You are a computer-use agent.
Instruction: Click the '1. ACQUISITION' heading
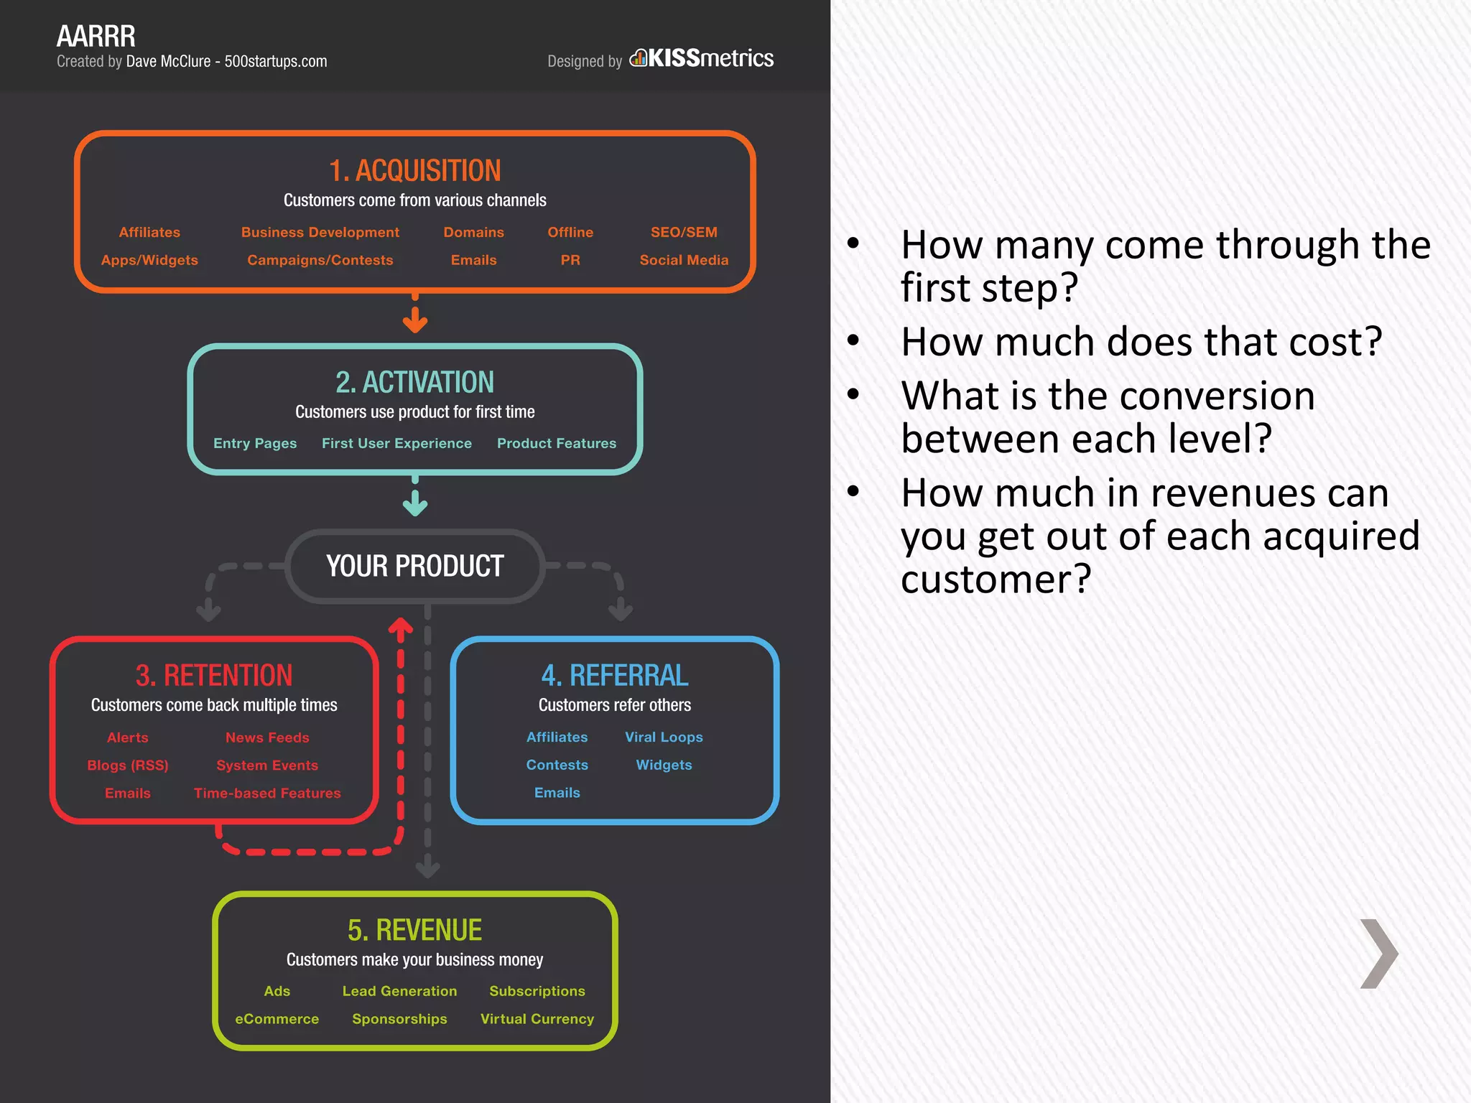click(414, 171)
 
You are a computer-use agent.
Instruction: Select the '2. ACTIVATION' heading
click(414, 382)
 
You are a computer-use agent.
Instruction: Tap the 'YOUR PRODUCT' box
click(414, 566)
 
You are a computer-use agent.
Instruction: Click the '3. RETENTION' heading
click(214, 675)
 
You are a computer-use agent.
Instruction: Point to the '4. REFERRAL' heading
click(615, 675)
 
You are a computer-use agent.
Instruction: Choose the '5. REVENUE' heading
click(414, 930)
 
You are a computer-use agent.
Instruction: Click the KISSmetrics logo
click(702, 58)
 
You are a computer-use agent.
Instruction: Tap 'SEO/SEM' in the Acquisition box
click(684, 232)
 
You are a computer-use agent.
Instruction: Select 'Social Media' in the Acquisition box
click(684, 260)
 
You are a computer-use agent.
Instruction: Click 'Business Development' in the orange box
click(320, 232)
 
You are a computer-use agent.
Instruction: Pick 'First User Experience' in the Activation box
click(396, 443)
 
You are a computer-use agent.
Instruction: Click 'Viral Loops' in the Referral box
click(664, 737)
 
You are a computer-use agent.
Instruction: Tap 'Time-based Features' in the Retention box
click(267, 793)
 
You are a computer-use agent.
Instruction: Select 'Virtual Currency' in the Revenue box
click(537, 1019)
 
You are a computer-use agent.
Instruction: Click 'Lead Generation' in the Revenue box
click(399, 991)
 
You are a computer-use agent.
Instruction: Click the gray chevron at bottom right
click(1378, 954)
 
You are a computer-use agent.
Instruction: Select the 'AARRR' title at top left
click(96, 36)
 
